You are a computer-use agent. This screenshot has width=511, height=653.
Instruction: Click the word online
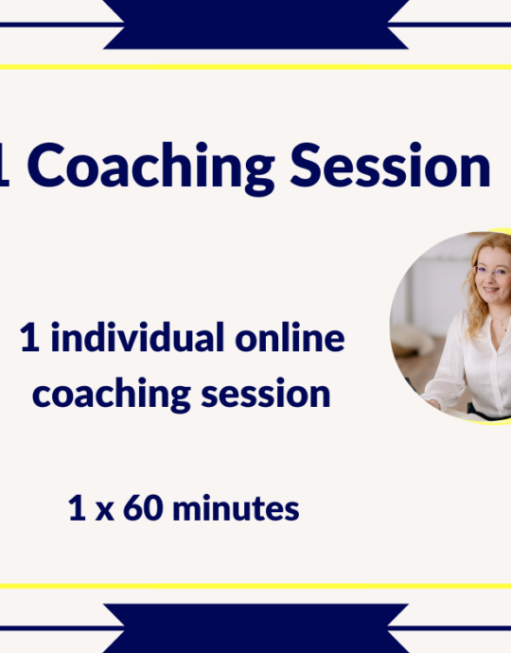[291, 338]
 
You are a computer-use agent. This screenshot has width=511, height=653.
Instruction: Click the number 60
[138, 509]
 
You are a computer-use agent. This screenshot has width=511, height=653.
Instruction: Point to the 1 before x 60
[77, 509]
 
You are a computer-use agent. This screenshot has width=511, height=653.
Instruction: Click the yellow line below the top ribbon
[255, 67]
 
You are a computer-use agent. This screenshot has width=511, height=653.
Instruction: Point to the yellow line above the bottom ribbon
[255, 586]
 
